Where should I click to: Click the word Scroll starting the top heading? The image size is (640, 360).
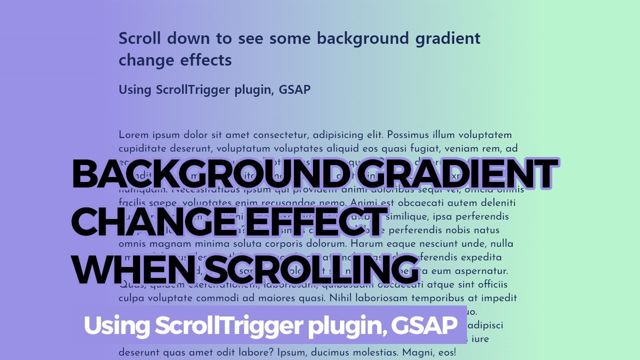tap(140, 38)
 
